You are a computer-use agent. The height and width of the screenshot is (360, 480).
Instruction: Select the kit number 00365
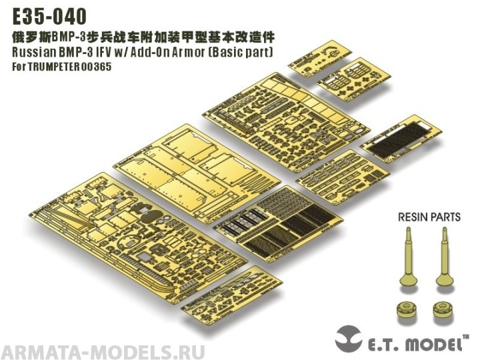click(99, 67)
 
